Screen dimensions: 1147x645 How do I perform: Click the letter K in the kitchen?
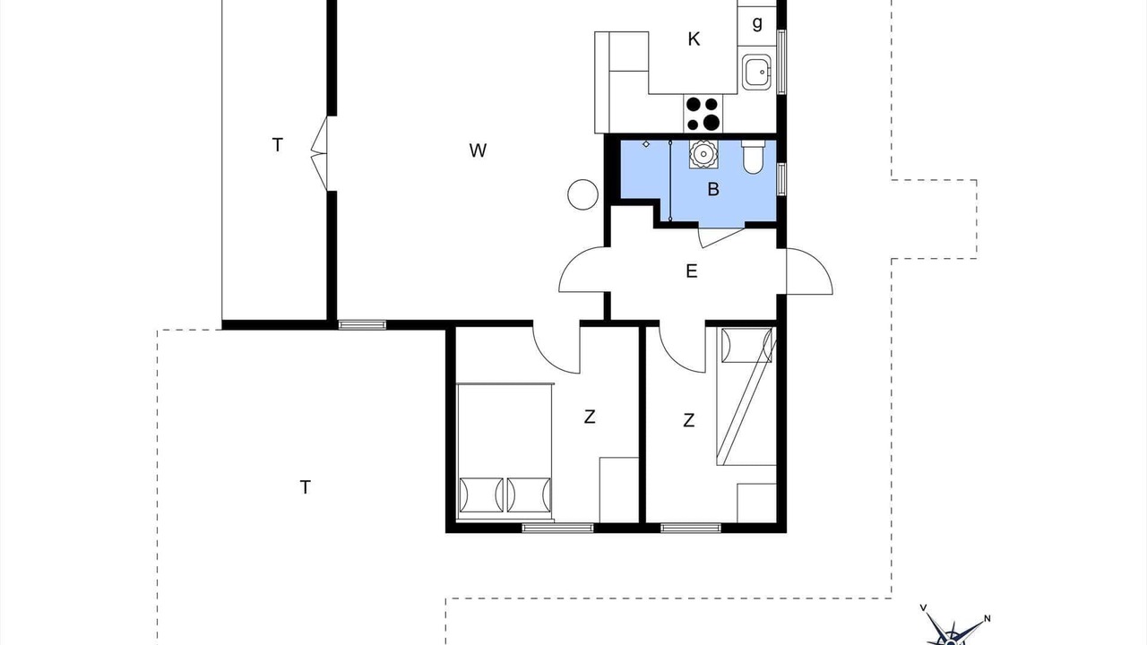[x=694, y=39]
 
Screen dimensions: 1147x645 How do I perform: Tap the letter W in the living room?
[x=478, y=150]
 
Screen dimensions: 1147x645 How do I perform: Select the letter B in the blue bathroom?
[x=712, y=189]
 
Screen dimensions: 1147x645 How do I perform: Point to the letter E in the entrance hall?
[x=691, y=271]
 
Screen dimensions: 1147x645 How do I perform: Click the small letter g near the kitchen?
[x=757, y=23]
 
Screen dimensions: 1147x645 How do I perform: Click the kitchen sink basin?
[x=756, y=73]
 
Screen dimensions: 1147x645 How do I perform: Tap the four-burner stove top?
[x=703, y=114]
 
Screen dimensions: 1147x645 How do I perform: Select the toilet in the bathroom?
[x=754, y=157]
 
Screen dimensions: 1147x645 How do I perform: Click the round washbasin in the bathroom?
[x=703, y=153]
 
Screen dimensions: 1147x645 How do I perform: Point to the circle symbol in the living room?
[x=582, y=195]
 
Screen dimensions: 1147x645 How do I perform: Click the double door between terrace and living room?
[x=320, y=153]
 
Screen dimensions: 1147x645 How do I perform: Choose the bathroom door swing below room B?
[x=721, y=236]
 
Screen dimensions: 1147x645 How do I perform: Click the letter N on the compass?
[x=987, y=618]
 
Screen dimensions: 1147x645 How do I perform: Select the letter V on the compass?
[x=923, y=607]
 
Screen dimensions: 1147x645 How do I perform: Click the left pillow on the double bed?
[x=481, y=495]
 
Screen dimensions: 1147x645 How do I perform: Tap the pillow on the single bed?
[x=746, y=345]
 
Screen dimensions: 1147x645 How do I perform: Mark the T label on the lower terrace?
[x=306, y=486]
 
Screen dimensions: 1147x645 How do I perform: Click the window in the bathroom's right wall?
[x=781, y=179]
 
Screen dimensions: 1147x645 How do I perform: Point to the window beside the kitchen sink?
[x=781, y=62]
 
